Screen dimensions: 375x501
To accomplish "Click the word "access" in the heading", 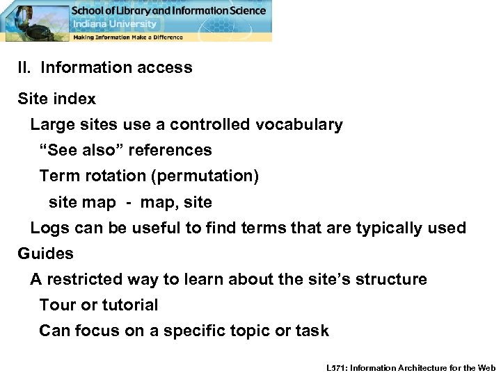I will click(165, 68).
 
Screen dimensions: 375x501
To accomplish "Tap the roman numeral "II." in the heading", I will click(26, 68).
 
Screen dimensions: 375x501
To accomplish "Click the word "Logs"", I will click(47, 228).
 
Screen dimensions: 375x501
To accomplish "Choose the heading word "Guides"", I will click(45, 253).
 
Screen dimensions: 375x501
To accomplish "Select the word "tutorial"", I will click(130, 305).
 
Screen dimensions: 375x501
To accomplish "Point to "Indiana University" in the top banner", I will click(115, 24).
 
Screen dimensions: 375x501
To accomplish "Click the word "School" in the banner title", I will click(90, 10).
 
